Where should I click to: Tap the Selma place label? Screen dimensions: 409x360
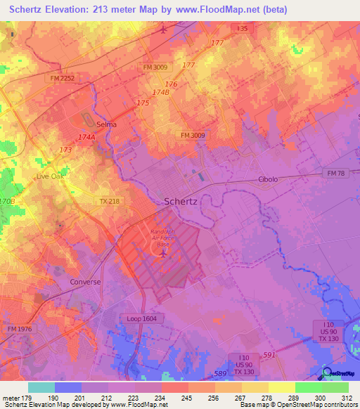(106, 124)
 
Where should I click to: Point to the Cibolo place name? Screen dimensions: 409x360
(268, 179)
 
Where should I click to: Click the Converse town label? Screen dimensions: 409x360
(86, 282)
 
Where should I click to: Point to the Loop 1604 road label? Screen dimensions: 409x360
(144, 318)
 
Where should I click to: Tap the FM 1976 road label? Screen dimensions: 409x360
(20, 329)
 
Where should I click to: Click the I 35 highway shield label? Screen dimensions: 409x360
(243, 28)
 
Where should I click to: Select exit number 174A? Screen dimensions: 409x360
(86, 138)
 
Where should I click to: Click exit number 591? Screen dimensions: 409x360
(269, 356)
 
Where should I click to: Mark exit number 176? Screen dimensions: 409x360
(171, 84)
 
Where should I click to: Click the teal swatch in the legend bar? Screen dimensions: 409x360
(41, 387)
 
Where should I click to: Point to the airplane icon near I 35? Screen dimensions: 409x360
(164, 30)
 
